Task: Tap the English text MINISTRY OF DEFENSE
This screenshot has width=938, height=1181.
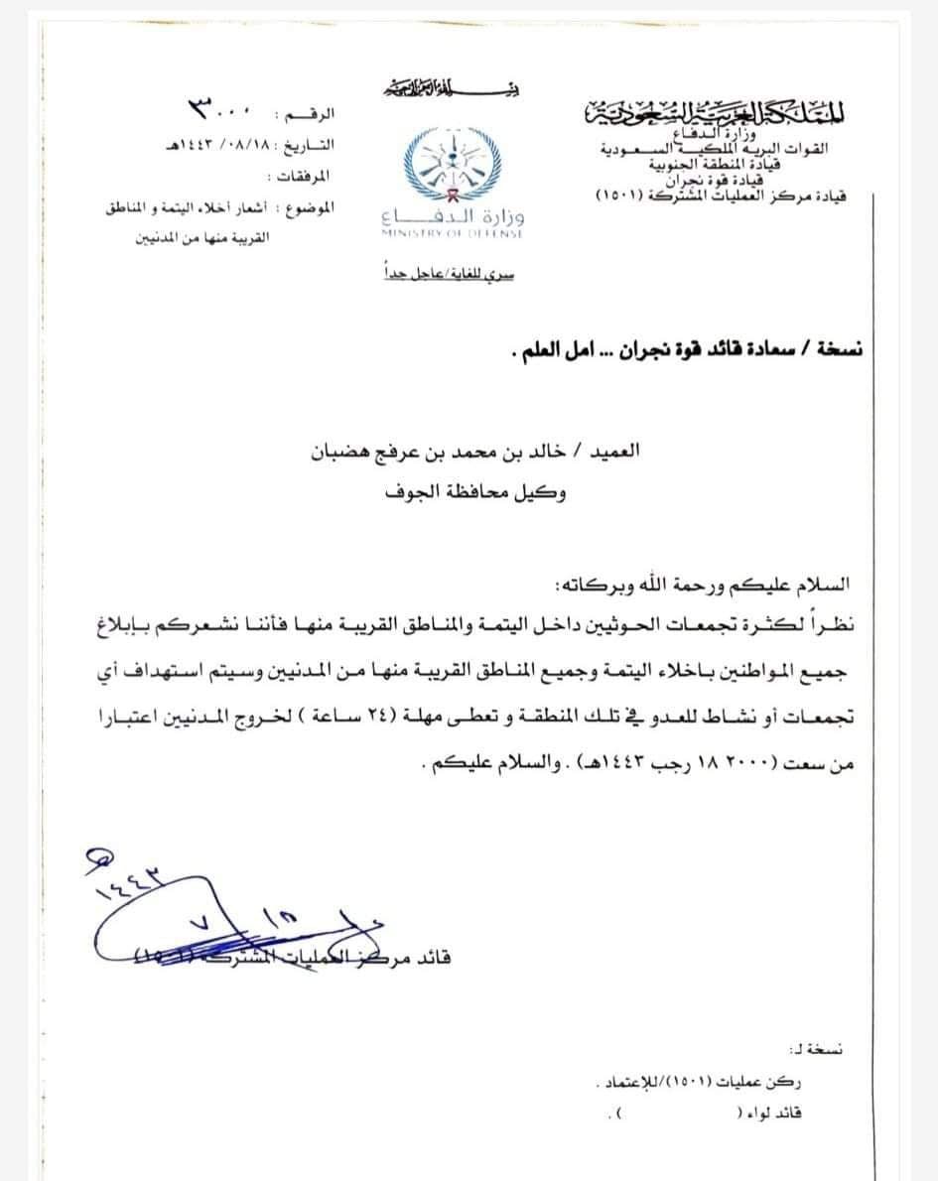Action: click(x=454, y=233)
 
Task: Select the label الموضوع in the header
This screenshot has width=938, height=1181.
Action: click(x=310, y=208)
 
